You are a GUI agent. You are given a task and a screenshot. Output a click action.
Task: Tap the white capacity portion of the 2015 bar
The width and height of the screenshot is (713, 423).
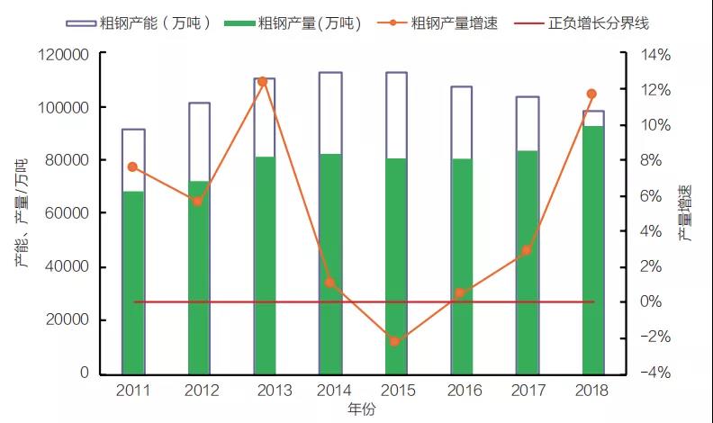tap(396, 115)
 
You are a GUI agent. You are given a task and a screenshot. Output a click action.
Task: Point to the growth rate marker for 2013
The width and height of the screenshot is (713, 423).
tap(263, 81)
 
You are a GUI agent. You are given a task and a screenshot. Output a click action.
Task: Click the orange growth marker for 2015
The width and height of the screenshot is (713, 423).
tap(394, 341)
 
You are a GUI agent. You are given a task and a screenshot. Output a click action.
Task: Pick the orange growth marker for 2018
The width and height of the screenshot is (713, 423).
tap(591, 94)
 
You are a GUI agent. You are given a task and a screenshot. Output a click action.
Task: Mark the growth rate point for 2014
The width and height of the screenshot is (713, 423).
tap(329, 283)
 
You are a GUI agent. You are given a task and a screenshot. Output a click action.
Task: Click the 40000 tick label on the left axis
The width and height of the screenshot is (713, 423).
tap(68, 266)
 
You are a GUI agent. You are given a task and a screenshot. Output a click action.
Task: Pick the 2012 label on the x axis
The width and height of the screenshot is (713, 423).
tap(200, 391)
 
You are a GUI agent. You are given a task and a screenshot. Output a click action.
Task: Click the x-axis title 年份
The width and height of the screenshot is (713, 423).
tap(362, 409)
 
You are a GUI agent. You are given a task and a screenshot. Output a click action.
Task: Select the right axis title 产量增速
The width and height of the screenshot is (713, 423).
tap(687, 213)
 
